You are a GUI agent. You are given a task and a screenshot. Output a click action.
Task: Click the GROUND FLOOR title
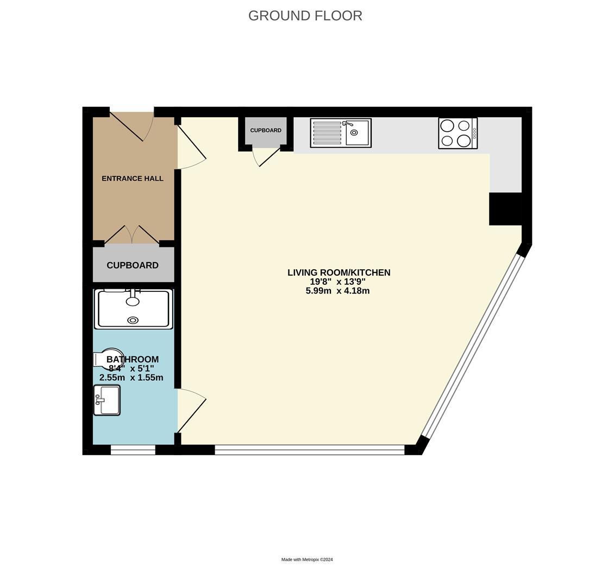pos(305,16)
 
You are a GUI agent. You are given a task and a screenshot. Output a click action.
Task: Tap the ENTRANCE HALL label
pos(133,179)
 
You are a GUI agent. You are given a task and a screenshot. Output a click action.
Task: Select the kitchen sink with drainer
pos(341,133)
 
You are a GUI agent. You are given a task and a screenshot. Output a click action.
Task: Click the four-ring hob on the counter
pos(458,133)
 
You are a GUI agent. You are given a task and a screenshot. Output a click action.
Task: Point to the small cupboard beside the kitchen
pos(266,131)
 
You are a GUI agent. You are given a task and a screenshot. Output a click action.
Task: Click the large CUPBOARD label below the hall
pos(133,265)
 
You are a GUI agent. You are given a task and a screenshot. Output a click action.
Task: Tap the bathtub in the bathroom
pos(133,309)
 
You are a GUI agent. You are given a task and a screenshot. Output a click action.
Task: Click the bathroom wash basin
pos(106,400)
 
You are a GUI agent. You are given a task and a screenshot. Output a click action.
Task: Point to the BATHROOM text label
pos(133,359)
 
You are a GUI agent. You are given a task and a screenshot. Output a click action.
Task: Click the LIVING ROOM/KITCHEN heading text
pos(339,272)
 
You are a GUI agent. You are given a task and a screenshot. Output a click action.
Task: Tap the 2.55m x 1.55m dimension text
pos(131,378)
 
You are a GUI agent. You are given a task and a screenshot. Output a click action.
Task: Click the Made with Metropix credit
pos(307,559)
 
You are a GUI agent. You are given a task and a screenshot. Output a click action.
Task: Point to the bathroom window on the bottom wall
pos(133,450)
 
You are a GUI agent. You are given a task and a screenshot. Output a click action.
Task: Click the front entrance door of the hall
pos(130,126)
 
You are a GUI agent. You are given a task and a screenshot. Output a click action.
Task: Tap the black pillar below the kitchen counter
pos(505,209)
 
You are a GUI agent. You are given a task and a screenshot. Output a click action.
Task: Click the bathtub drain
pos(133,321)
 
